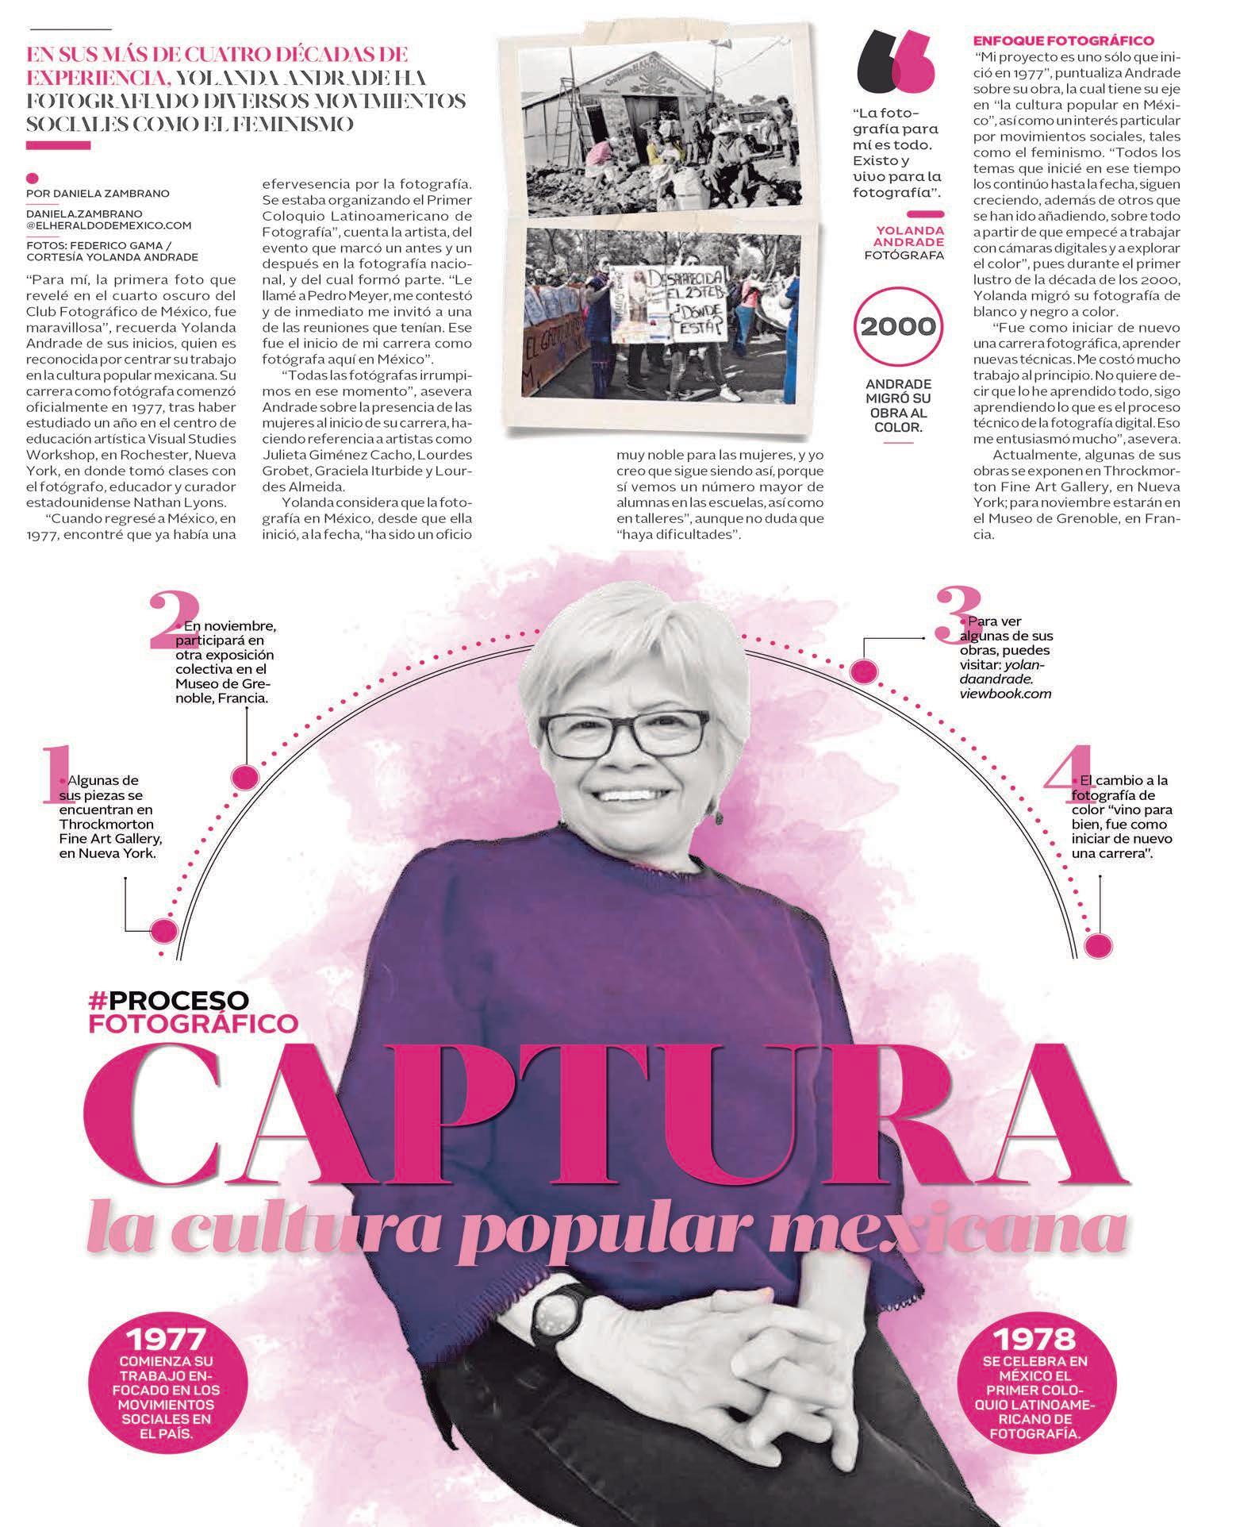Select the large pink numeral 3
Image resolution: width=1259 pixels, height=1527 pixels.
tap(951, 613)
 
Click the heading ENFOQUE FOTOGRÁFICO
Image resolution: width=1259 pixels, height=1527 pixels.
tap(1063, 40)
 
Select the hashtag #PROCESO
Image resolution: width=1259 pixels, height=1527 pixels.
tap(169, 999)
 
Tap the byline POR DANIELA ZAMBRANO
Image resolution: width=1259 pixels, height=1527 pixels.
tap(97, 194)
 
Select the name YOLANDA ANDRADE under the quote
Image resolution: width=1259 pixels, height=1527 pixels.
tap(909, 236)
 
